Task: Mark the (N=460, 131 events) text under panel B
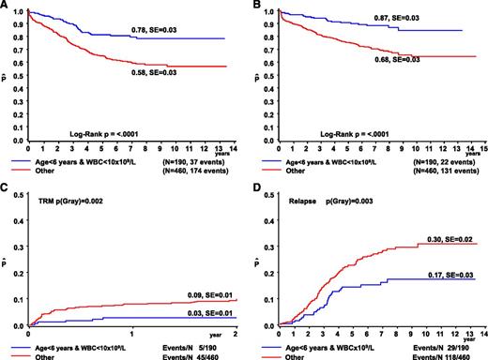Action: tap(444, 167)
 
